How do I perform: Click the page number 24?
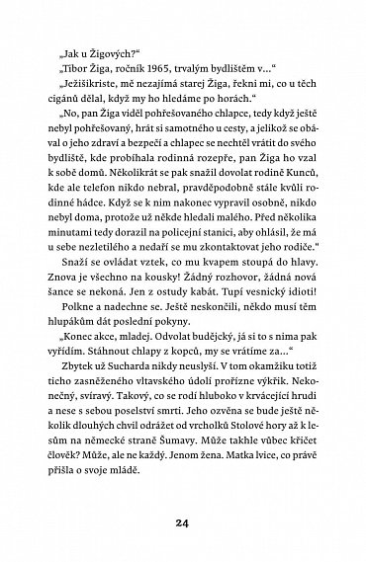(x=183, y=522)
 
